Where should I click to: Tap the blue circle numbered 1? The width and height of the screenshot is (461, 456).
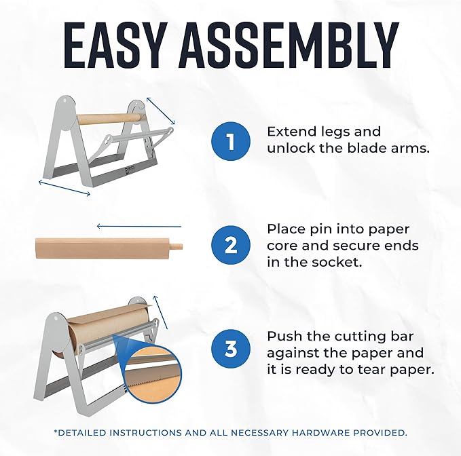pyautogui.click(x=230, y=141)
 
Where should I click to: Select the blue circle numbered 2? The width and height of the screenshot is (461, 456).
pyautogui.click(x=230, y=245)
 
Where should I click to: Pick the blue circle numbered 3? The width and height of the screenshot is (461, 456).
pyautogui.click(x=230, y=348)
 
